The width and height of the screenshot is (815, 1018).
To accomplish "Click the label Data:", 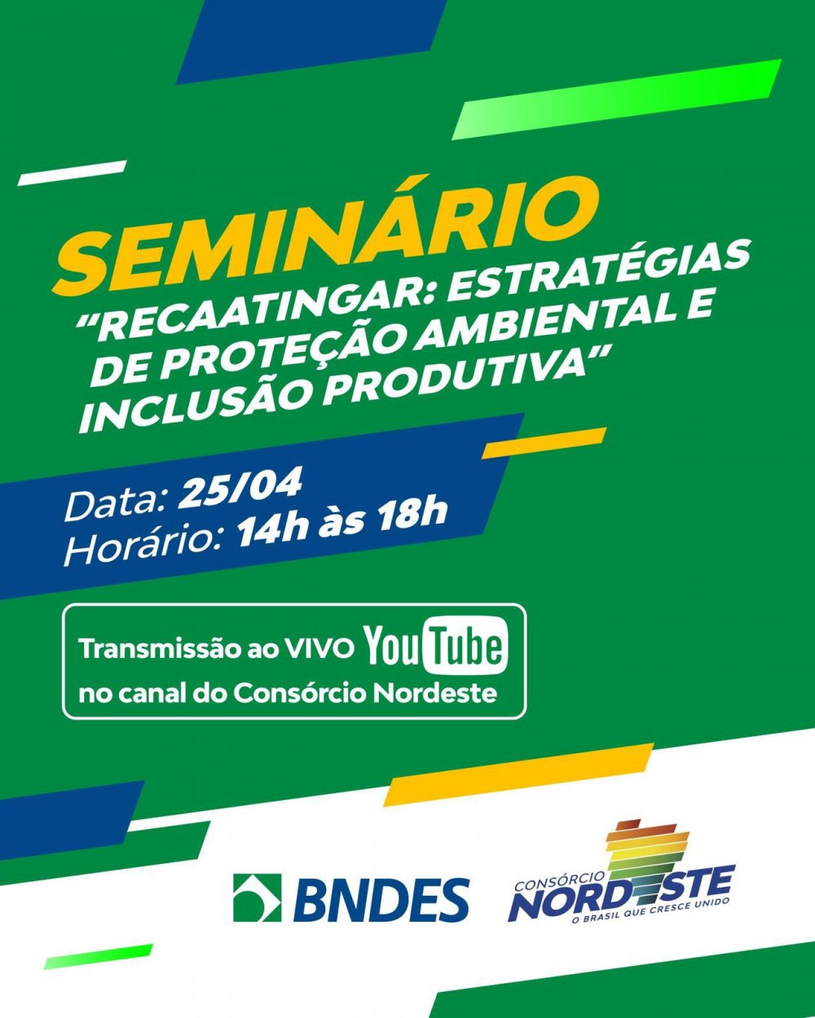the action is (x=117, y=505).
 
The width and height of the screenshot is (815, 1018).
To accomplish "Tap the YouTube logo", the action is (x=436, y=646).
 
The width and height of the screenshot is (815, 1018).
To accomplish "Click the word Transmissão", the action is (x=157, y=648).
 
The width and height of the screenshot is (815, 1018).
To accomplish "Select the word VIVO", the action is (x=318, y=649).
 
